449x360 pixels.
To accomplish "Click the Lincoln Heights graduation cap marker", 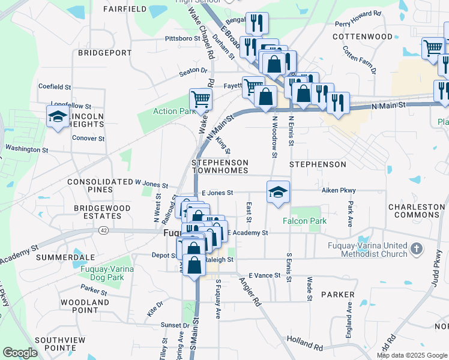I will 58,116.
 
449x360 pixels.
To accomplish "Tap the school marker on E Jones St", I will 278,193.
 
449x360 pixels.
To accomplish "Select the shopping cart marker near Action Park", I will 200,99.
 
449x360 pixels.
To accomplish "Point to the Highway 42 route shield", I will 104,230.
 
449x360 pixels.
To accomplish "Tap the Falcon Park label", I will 305,221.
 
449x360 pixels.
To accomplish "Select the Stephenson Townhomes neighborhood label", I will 220,167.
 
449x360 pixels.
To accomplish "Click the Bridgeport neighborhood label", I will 101,53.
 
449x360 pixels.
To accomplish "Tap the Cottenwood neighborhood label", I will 363,37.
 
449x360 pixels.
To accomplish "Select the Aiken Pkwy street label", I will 339,190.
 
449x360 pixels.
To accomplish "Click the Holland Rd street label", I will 305,343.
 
